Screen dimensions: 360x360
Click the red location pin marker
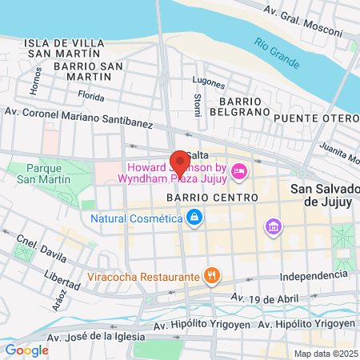(180, 163)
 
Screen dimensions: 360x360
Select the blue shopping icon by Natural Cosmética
(194, 217)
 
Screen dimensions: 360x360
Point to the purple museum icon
(273, 228)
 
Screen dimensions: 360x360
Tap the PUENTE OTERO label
(315, 118)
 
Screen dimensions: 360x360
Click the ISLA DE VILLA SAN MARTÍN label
(64, 48)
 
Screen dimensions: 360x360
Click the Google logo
(26, 350)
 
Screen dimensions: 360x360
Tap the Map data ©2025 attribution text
(325, 354)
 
